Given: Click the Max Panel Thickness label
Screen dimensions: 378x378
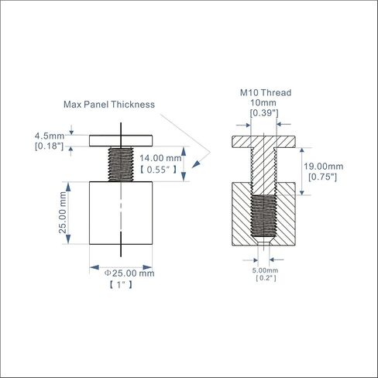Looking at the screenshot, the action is click(109, 105).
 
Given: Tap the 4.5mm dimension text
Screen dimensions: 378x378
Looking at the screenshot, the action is click(50, 136).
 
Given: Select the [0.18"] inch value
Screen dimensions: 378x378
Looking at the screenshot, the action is click(49, 146).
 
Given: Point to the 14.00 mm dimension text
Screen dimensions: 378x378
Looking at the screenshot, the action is click(160, 158).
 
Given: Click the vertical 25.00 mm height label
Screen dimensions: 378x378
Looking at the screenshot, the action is click(63, 212).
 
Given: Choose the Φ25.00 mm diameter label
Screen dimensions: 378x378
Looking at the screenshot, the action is click(129, 273).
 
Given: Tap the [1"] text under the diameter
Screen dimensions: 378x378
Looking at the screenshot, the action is click(121, 285).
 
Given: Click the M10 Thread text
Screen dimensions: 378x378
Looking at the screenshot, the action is click(266, 93).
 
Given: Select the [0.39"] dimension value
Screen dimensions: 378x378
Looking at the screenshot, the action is click(264, 113).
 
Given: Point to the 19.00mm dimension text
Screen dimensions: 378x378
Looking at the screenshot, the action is click(323, 167).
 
